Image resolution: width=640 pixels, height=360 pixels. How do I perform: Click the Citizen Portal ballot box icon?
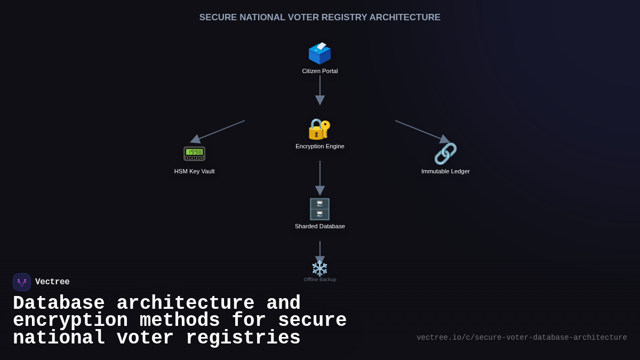coord(319,53)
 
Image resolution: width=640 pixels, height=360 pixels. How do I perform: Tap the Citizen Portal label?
coord(320,71)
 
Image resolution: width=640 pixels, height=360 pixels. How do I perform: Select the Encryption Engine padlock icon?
coord(319,129)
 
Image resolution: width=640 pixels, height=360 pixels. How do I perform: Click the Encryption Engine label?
coord(320,146)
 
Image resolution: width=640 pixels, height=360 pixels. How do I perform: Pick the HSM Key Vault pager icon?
coord(194,154)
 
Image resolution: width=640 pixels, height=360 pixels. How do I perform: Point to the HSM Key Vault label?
coord(194,171)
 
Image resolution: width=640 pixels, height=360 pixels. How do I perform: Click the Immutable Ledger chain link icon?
coord(445,154)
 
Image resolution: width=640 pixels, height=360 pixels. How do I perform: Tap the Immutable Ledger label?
coord(445,171)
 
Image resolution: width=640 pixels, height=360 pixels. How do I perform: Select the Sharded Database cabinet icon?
coord(319,209)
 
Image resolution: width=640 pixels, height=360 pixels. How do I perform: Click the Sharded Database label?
coord(320,226)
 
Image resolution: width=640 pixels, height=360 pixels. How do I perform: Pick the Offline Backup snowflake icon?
coord(319,268)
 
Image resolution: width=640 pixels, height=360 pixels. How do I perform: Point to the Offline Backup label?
coord(320,279)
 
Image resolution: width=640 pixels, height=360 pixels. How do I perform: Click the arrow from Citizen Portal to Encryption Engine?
coord(320,90)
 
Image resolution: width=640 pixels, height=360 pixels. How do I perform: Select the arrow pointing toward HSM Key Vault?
coord(218,131)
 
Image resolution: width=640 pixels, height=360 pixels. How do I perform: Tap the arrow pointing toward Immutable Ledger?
coord(422,131)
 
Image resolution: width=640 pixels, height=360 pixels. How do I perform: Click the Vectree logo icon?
coord(22,282)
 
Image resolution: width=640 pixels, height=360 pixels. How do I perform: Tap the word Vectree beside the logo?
coord(52,282)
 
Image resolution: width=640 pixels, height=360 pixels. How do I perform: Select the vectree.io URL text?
coord(522,338)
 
